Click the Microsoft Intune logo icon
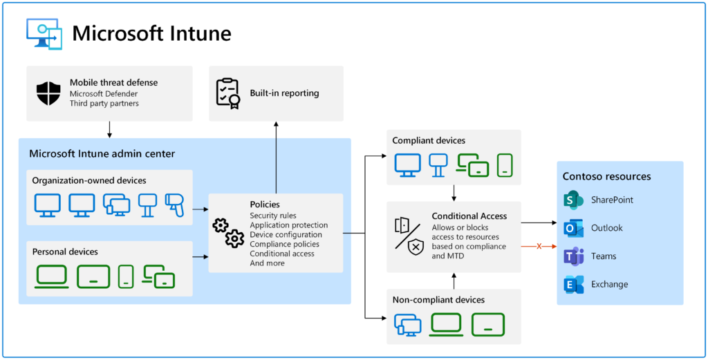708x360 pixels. [x=44, y=33]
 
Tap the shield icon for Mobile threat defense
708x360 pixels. [x=48, y=93]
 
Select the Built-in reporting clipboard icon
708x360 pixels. [x=227, y=93]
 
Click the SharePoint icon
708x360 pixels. [x=574, y=200]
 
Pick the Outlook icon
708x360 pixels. [x=574, y=228]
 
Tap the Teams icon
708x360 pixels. [x=574, y=256]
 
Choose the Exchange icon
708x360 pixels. [x=574, y=284]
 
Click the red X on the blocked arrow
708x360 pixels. [x=539, y=246]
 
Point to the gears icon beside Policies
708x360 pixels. [x=227, y=233]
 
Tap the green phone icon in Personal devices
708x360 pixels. [x=126, y=276]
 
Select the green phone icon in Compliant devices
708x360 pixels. [x=505, y=165]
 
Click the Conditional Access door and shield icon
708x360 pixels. [x=409, y=234]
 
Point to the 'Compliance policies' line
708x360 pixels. [x=284, y=244]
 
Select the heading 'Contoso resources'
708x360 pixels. [x=606, y=176]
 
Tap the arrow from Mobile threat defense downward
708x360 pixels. [x=109, y=129]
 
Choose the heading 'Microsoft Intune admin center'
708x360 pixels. [x=102, y=153]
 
